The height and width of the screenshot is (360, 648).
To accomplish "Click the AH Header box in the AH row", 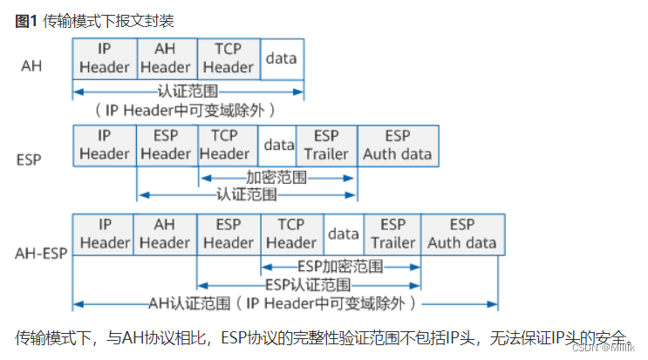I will [x=166, y=58].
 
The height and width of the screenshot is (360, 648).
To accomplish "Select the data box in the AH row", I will [x=281, y=58].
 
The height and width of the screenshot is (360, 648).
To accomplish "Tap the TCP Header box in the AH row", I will [x=228, y=58].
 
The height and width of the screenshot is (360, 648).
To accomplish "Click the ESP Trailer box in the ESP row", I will [x=326, y=146].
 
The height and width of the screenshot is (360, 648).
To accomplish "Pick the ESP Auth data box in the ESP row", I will [x=398, y=146].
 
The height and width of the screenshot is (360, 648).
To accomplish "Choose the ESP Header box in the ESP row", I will [x=166, y=146].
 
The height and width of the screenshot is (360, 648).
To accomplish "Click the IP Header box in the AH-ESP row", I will [x=105, y=234].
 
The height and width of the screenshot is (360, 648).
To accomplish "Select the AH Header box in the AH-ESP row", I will [x=166, y=234].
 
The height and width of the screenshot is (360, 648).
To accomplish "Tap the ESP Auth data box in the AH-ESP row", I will [x=461, y=234].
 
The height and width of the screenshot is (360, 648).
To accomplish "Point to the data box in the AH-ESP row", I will [x=344, y=234].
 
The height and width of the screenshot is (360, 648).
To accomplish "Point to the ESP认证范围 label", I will [x=308, y=285].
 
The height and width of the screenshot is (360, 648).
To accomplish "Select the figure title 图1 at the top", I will [x=27, y=19].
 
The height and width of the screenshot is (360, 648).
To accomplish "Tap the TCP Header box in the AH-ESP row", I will [x=290, y=234].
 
